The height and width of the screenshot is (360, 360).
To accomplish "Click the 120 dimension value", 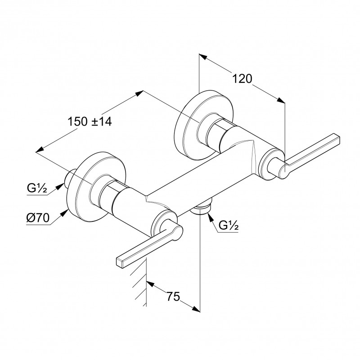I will (242, 79).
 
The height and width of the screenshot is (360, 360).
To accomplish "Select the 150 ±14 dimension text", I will (90, 121).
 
